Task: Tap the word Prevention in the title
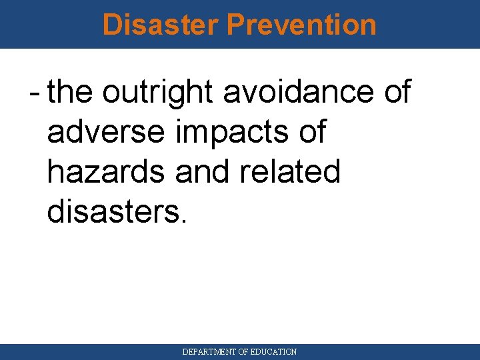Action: pos(301,25)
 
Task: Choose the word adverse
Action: pos(105,131)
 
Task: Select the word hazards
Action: pos(106,171)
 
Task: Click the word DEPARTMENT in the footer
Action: pos(209,351)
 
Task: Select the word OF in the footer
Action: pos(244,351)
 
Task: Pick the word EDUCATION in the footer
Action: pos(275,351)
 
